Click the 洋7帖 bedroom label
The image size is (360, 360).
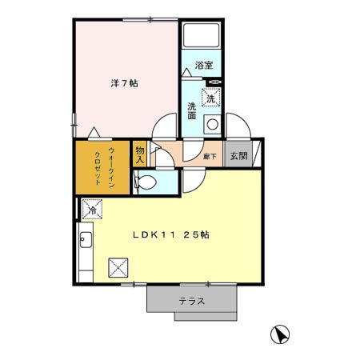tap(123, 82)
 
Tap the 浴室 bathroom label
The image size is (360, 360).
tap(203, 66)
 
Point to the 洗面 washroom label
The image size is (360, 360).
tap(192, 111)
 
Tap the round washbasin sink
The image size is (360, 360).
tap(212, 124)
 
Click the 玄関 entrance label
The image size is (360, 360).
tap(238, 157)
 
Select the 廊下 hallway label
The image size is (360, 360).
tap(210, 157)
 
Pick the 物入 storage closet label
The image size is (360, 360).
tap(140, 154)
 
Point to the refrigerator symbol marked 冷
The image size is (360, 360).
tap(91, 210)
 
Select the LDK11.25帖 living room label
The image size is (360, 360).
tap(170, 235)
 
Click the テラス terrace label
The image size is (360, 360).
tap(192, 302)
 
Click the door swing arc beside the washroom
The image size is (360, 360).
tap(166, 128)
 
